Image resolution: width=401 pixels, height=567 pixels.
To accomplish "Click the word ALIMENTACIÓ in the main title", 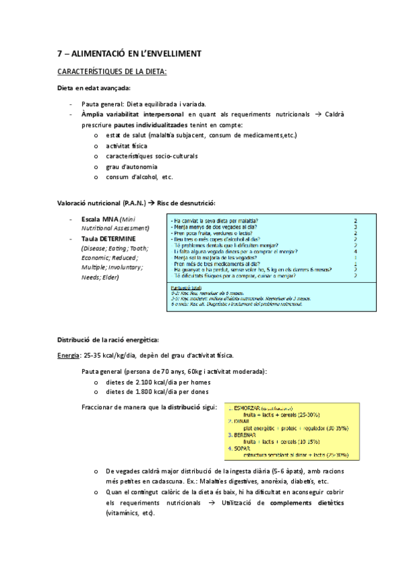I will pos(96,53).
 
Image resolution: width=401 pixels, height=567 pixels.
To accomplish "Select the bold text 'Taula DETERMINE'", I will pos(108,239).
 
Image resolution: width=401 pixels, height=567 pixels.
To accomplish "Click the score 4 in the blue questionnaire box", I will pos(355,251).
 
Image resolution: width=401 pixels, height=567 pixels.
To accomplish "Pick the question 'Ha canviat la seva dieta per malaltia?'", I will pos(217,220).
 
